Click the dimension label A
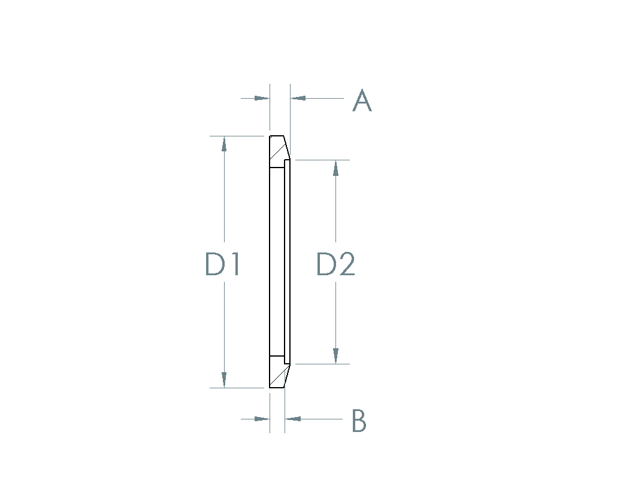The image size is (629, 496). (x=362, y=100)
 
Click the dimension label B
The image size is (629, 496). (x=359, y=421)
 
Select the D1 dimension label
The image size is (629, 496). (x=222, y=264)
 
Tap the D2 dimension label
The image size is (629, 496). (x=335, y=264)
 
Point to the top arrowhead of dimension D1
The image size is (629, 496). (x=224, y=144)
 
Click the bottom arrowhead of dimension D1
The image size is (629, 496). (x=224, y=380)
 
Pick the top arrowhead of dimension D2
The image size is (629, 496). (x=335, y=168)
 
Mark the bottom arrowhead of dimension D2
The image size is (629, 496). (x=335, y=356)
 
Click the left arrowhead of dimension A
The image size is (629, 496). (x=262, y=98)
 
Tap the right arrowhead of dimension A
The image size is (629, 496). (x=298, y=98)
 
